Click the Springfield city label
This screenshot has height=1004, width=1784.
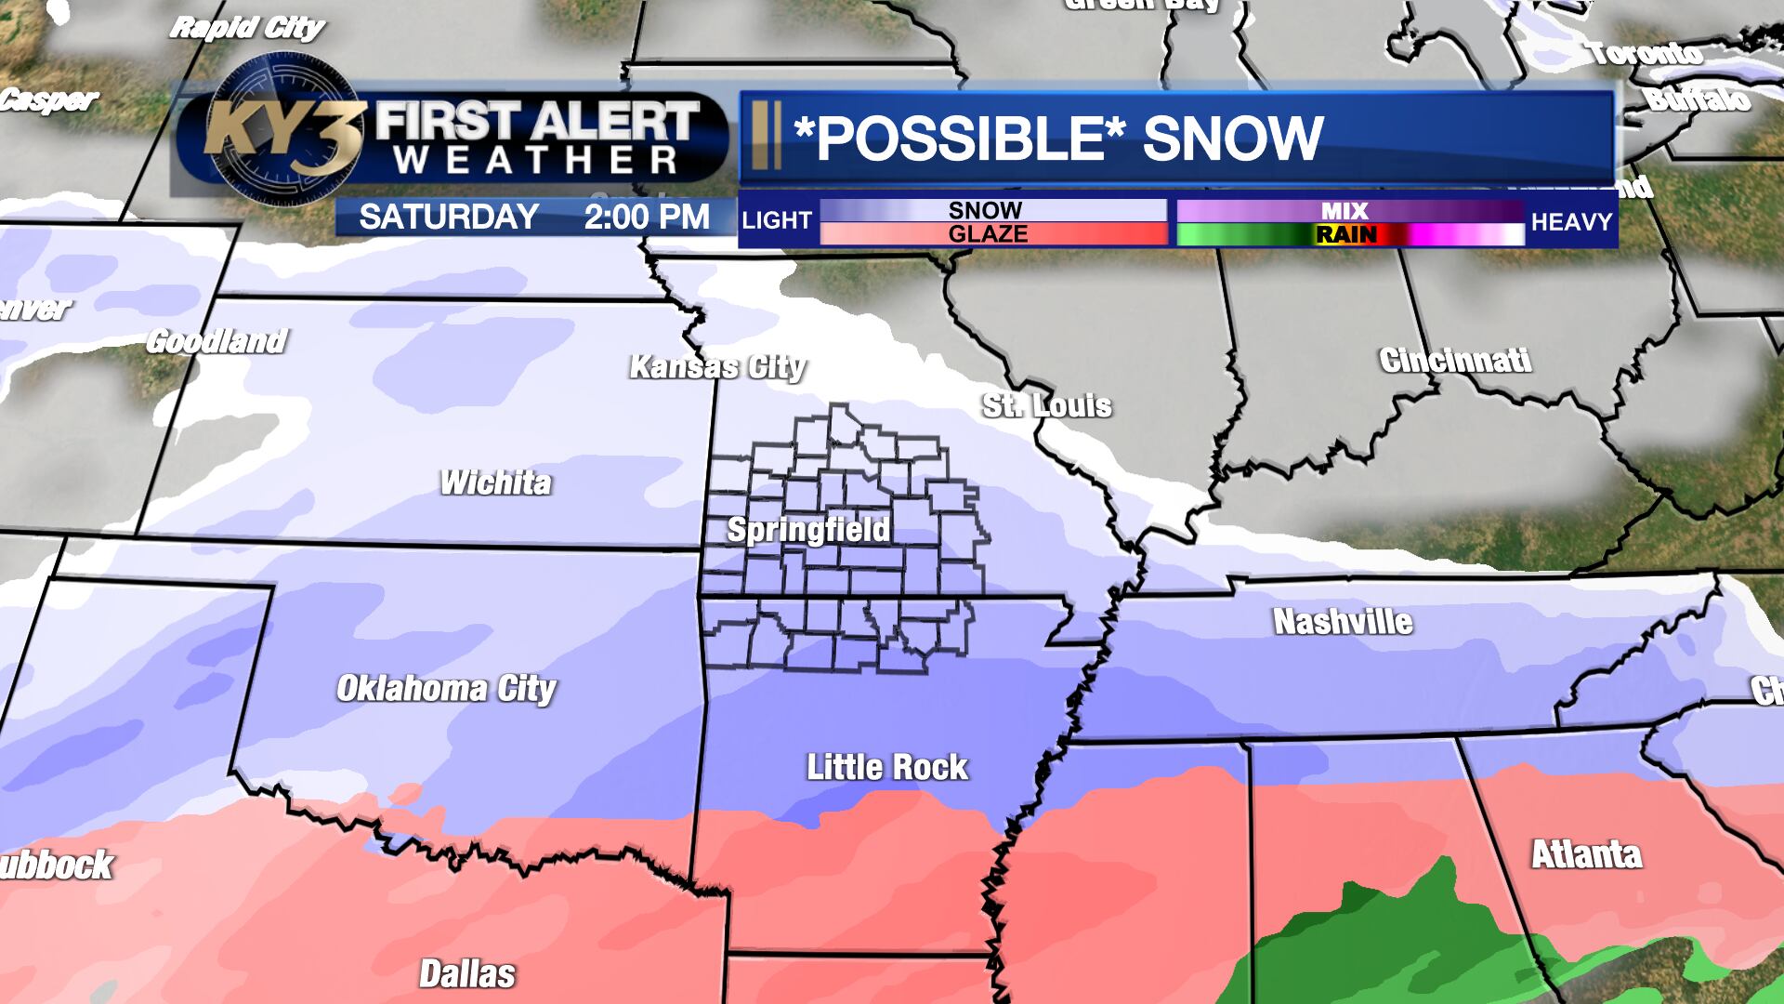pyautogui.click(x=808, y=530)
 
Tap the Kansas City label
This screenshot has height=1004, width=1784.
pyautogui.click(x=717, y=367)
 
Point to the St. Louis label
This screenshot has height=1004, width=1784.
pyautogui.click(x=1047, y=405)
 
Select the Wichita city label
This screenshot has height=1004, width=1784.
pyautogui.click(x=496, y=482)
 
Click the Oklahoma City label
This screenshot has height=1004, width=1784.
pyautogui.click(x=446, y=689)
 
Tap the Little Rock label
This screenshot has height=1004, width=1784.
pyautogui.click(x=887, y=767)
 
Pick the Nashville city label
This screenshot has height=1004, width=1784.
pyautogui.click(x=1343, y=622)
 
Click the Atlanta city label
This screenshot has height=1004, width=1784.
pyautogui.click(x=1586, y=854)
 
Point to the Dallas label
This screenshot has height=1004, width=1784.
pyautogui.click(x=467, y=974)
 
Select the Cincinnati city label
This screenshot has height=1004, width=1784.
pyautogui.click(x=1455, y=361)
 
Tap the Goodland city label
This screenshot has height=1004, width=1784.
pyautogui.click(x=216, y=341)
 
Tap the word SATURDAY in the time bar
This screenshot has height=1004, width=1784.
pyautogui.click(x=449, y=217)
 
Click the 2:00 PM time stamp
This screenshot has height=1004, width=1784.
pyautogui.click(x=647, y=217)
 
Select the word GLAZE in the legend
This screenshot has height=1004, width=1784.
pyautogui.click(x=988, y=233)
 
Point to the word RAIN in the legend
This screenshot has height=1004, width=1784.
pyautogui.click(x=1346, y=234)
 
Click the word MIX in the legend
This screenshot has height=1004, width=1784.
pyautogui.click(x=1345, y=212)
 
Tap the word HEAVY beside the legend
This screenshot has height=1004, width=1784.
pyautogui.click(x=1571, y=221)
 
